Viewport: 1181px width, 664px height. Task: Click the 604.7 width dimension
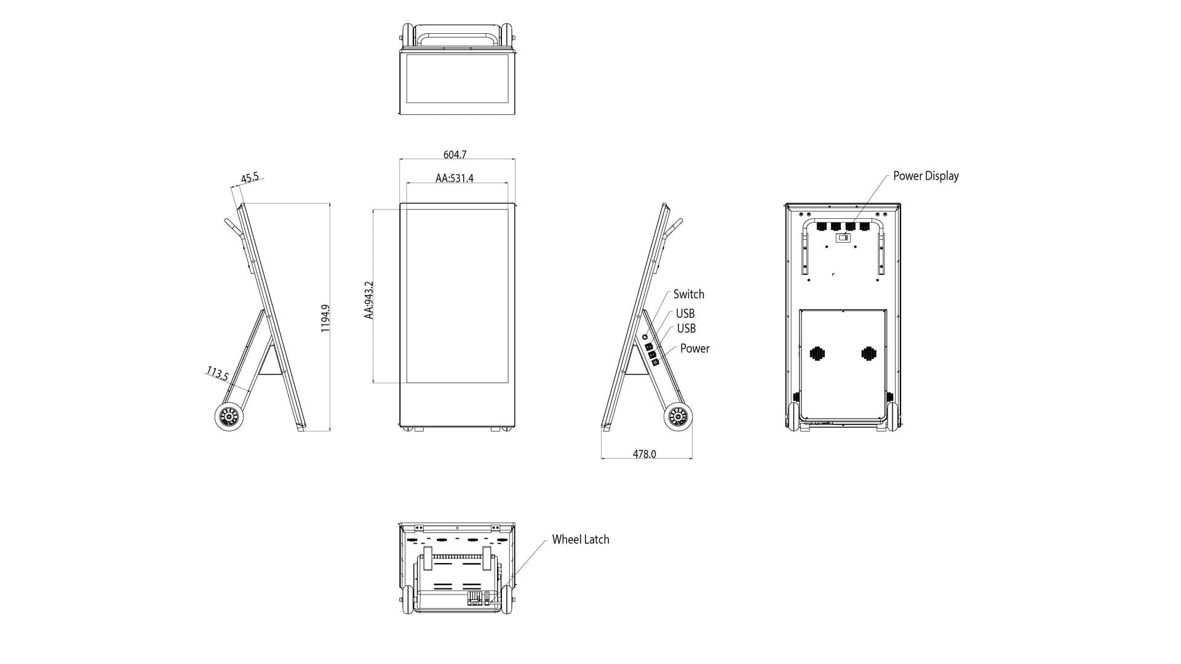click(x=455, y=155)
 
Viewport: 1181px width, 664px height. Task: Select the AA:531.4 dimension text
click(x=455, y=178)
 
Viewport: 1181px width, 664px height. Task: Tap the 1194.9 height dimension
click(x=325, y=318)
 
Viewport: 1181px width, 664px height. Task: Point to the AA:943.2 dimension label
click(x=368, y=300)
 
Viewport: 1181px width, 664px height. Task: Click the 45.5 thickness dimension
click(x=250, y=178)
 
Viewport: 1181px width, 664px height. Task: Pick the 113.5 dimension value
click(x=217, y=373)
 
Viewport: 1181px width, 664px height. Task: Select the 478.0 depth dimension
click(x=644, y=454)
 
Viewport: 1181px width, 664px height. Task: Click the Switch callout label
click(x=688, y=294)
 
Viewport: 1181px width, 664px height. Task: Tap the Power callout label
click(x=694, y=349)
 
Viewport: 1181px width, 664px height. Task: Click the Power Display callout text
click(x=925, y=176)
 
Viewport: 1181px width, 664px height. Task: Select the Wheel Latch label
click(x=580, y=539)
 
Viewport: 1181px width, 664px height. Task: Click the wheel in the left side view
click(x=229, y=417)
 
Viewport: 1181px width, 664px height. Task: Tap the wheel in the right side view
click(x=678, y=417)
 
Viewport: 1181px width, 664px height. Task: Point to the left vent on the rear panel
click(x=816, y=354)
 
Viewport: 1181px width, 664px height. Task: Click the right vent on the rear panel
click(x=868, y=354)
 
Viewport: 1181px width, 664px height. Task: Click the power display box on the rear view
click(x=843, y=237)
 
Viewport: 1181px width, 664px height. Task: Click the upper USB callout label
click(x=685, y=314)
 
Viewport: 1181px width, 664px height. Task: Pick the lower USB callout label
click(x=686, y=329)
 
